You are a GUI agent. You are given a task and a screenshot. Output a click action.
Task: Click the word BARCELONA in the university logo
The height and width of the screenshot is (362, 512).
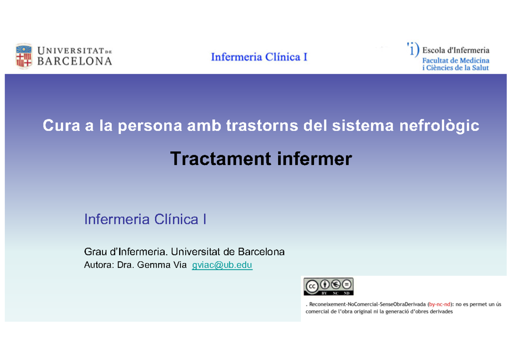click(75, 61)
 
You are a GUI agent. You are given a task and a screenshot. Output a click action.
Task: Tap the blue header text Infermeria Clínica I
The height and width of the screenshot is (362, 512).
click(259, 57)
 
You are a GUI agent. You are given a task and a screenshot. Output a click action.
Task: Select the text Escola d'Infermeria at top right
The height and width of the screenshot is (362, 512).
click(456, 50)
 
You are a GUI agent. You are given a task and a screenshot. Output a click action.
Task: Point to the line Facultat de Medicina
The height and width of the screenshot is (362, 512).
click(456, 61)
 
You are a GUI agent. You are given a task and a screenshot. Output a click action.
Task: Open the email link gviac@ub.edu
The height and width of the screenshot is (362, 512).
click(222, 265)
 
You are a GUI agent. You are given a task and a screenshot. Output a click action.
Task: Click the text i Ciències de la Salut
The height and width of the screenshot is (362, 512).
click(456, 68)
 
